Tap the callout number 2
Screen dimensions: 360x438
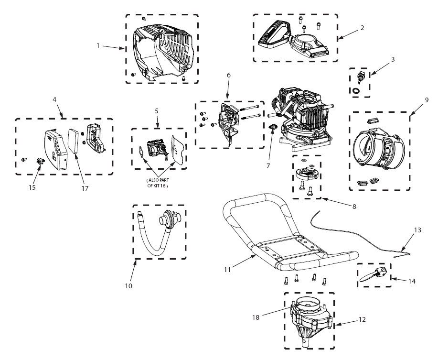click(x=362, y=28)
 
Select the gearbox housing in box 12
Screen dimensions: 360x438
click(x=310, y=320)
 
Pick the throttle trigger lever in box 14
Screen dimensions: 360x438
click(x=371, y=277)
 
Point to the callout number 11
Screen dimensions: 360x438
click(x=227, y=270)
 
